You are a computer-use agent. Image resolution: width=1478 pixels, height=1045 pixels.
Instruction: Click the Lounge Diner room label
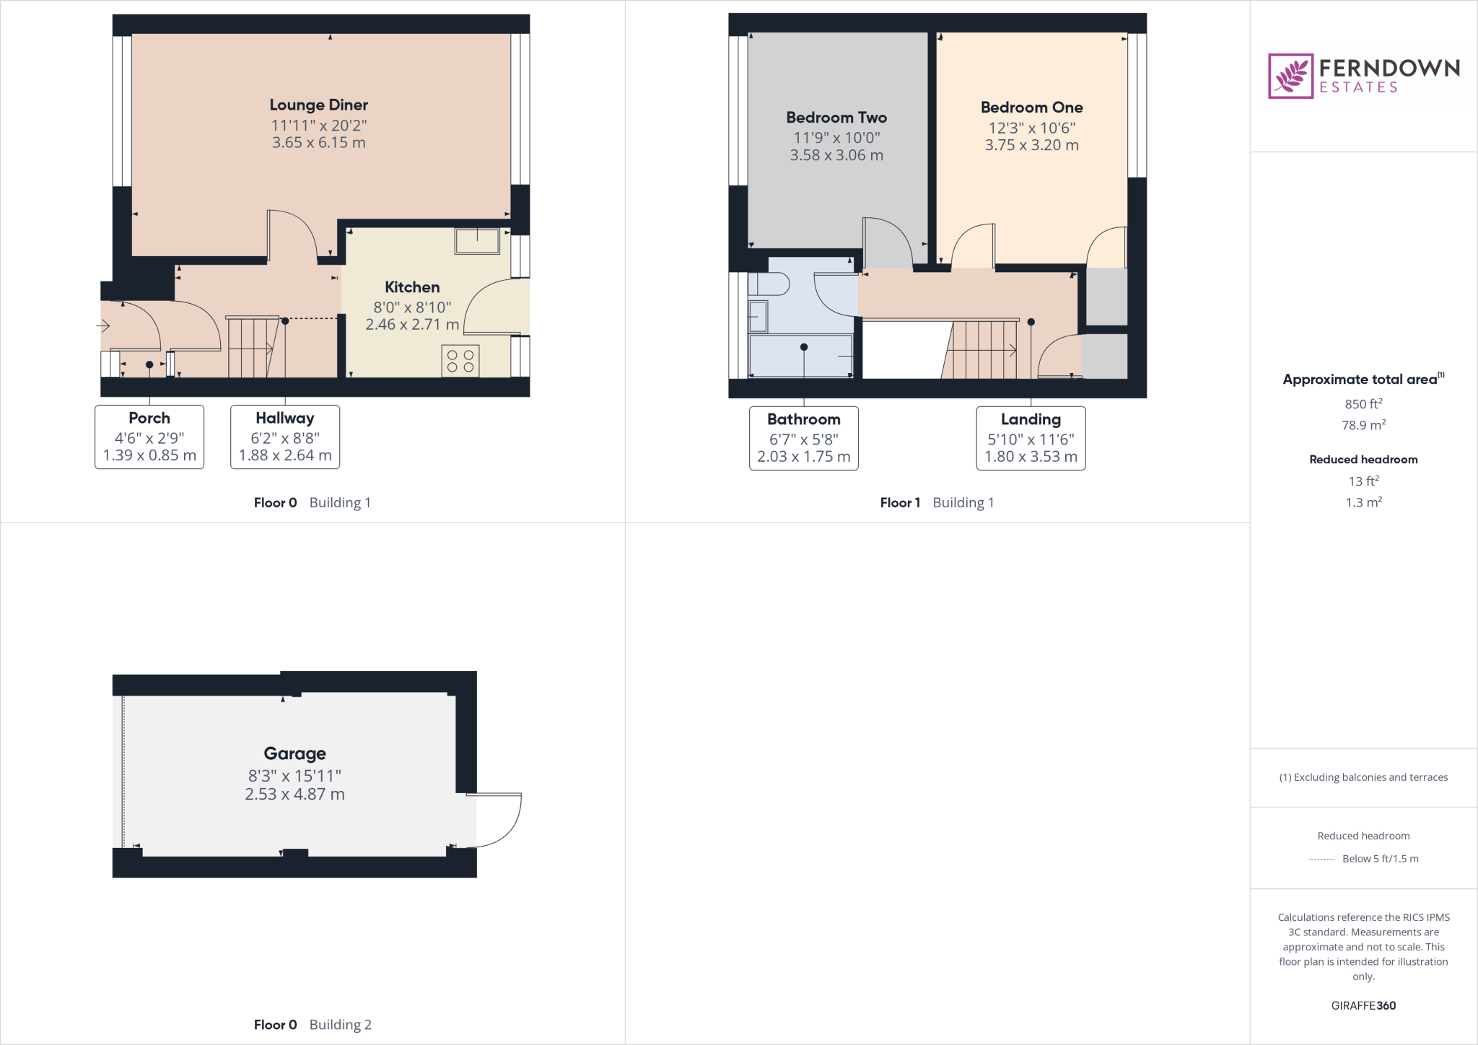click(x=318, y=105)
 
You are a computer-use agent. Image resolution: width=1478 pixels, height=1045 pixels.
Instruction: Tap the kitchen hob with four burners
click(x=460, y=361)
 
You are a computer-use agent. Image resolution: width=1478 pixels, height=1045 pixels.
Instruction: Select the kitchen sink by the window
click(x=477, y=241)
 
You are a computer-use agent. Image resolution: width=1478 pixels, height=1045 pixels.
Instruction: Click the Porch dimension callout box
click(x=149, y=437)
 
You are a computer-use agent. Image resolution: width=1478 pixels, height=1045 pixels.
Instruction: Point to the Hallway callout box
click(x=285, y=437)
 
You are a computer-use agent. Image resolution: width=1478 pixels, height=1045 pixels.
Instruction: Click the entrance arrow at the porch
click(x=103, y=326)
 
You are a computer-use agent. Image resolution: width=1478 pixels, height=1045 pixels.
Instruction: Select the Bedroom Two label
click(x=836, y=118)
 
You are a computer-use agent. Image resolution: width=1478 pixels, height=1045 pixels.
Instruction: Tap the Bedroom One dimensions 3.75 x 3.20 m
click(x=1031, y=145)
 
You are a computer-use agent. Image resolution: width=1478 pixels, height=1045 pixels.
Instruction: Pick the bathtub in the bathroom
click(x=801, y=355)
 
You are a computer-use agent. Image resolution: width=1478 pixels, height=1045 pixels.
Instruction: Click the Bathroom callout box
click(x=803, y=438)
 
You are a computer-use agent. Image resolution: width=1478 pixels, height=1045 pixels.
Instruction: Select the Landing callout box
click(x=1031, y=438)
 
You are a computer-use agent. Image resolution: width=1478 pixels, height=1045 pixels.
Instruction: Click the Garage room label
click(x=294, y=753)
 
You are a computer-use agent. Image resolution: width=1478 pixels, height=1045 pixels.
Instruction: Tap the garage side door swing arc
click(x=505, y=830)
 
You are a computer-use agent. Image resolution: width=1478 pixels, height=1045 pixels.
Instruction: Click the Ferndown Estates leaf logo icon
click(x=1290, y=76)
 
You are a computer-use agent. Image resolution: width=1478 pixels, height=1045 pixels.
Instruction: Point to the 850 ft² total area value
click(x=1363, y=404)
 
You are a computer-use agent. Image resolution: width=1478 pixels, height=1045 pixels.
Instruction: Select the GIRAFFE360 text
click(x=1363, y=1005)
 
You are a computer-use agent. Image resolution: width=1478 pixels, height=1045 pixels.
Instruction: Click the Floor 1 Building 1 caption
click(x=937, y=503)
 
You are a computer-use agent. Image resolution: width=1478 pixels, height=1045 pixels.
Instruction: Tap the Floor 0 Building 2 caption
click(x=312, y=1025)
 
